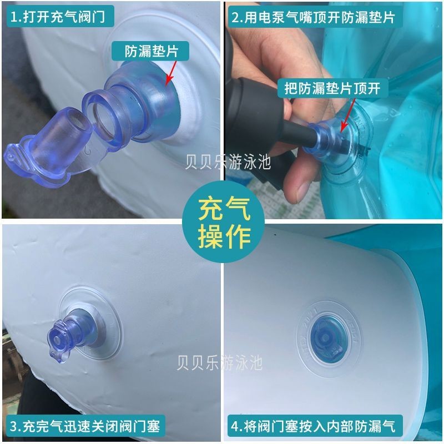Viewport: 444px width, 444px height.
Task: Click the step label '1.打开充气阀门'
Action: point(58,17)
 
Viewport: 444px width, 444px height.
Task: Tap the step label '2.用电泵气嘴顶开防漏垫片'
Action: point(314,17)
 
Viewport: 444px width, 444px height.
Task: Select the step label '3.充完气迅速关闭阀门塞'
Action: point(85,426)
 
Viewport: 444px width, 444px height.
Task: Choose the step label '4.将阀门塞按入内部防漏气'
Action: point(314,426)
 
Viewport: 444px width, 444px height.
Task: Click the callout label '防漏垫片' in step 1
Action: point(151,51)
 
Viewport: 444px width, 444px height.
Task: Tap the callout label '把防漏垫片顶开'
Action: point(332,88)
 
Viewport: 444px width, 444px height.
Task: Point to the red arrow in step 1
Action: point(171,73)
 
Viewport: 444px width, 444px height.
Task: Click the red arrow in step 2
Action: point(348,115)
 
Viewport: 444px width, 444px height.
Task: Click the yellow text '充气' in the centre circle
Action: point(224,210)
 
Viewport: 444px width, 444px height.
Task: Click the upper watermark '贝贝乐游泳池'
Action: point(228,162)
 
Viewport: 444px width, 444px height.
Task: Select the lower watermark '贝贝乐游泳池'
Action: point(220,362)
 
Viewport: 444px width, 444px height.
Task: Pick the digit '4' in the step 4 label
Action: point(235,426)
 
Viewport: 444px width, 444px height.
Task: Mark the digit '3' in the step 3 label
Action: point(13,426)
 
